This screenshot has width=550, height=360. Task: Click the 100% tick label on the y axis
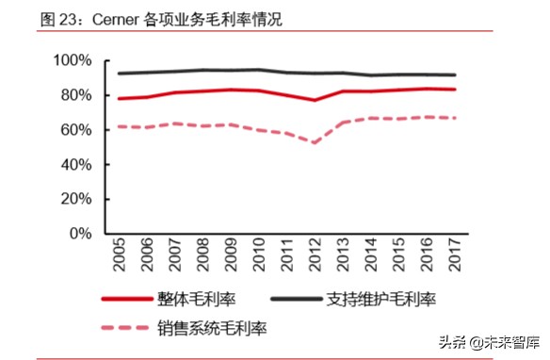pos(71,61)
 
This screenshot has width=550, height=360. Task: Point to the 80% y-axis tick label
pos(74,95)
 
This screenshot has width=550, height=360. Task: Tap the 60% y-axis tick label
pos(74,130)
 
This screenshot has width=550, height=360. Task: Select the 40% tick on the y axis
pos(74,164)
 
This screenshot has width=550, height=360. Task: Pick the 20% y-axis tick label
pos(74,199)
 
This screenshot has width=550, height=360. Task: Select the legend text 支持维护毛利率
pos(383,300)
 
